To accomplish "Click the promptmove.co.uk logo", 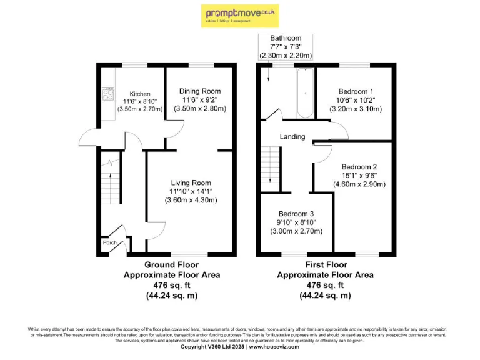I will [239, 15].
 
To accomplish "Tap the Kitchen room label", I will [140, 94].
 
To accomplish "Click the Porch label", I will [109, 242].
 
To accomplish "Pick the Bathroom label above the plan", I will [286, 39].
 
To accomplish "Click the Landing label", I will [292, 136].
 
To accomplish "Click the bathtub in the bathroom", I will [305, 93].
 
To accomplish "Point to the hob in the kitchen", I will [107, 94].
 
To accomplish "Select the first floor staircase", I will [270, 164].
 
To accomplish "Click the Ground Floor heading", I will [172, 264].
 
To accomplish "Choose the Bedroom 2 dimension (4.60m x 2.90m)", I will [359, 184].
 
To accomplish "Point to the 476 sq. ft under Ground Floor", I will [172, 285].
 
